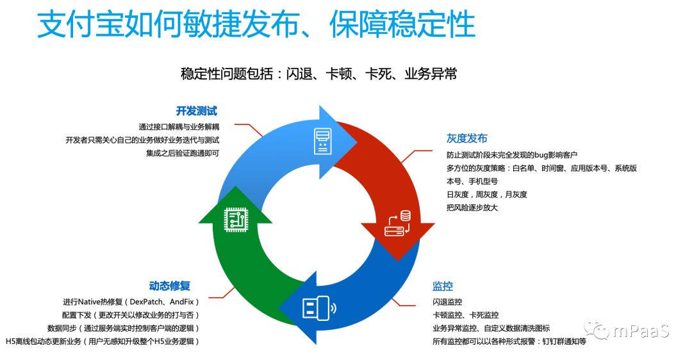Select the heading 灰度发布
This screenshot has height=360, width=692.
[466, 138]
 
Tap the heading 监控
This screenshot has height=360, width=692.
[443, 286]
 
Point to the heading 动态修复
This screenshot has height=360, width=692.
[169, 286]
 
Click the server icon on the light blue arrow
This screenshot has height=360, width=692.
[322, 141]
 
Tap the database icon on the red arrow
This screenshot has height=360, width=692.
[397, 224]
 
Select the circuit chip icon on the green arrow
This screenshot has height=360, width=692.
[236, 220]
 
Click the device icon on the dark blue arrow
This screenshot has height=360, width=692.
[318, 308]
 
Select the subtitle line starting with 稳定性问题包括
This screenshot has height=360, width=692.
[319, 74]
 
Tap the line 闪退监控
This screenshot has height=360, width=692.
[447, 302]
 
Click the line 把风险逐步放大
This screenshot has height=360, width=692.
[472, 208]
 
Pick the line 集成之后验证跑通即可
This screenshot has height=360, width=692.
[183, 153]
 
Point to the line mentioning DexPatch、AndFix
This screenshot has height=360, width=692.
[131, 302]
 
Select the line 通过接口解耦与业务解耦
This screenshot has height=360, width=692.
[179, 126]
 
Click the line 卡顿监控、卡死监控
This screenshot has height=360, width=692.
[465, 315]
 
